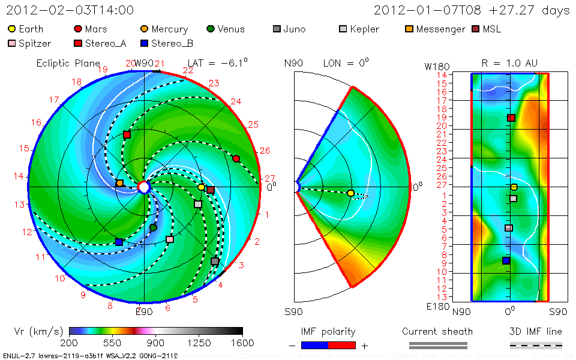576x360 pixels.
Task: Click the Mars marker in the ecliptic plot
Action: click(236, 158)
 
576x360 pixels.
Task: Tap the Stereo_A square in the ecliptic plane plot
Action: click(127, 134)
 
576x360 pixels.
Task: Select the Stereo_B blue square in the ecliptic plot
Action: click(119, 242)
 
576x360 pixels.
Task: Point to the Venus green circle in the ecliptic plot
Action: click(153, 227)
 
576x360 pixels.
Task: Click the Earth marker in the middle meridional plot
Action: click(350, 193)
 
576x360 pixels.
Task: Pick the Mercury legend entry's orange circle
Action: click(143, 29)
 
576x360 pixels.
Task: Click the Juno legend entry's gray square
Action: click(276, 29)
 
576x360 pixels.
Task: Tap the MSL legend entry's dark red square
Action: click(476, 29)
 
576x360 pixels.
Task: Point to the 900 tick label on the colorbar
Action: click(156, 343)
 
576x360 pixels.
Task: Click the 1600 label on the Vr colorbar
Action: click(242, 343)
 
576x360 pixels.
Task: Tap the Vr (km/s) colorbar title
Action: click(38, 331)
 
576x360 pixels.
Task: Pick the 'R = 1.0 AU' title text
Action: click(509, 63)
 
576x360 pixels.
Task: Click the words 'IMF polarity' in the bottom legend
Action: click(328, 331)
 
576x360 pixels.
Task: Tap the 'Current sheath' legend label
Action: click(437, 331)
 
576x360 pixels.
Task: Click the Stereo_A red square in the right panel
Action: click(511, 118)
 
